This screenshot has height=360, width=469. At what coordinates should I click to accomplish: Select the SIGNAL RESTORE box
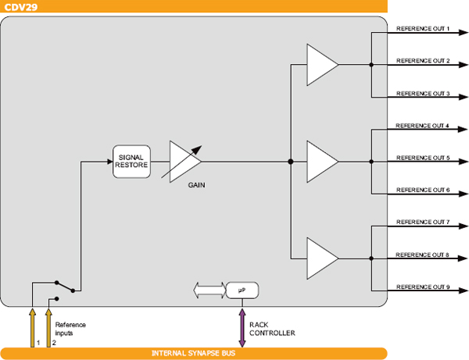coord(131,162)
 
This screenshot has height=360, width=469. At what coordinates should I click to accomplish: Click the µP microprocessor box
coord(242,290)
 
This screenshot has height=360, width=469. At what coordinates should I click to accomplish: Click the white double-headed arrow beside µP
coord(208,290)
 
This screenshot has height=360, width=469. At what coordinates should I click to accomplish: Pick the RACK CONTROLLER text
coord(271,329)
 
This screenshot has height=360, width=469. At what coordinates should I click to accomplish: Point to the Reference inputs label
coord(70,329)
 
